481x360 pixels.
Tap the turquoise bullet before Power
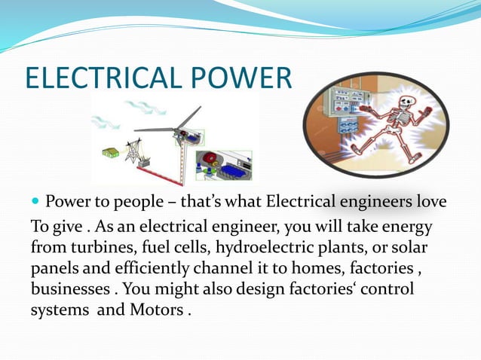click(x=35, y=203)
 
